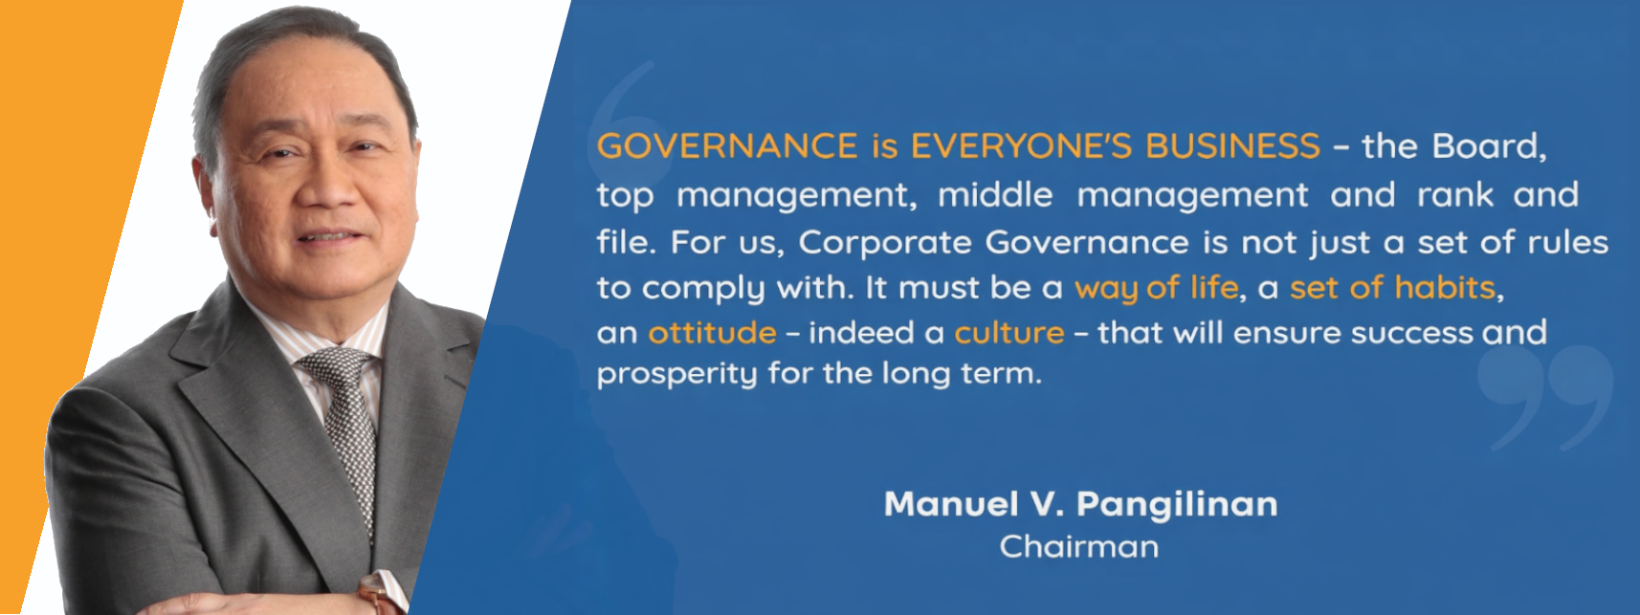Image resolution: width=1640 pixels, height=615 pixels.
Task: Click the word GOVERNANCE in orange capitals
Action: [x=727, y=146]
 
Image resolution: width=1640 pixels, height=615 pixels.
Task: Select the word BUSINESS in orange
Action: [x=1232, y=146]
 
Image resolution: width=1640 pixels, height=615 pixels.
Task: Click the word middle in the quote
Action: [x=995, y=195]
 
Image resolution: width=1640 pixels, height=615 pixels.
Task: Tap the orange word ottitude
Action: [x=712, y=333]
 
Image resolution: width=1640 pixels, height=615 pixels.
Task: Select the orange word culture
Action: [x=1009, y=333]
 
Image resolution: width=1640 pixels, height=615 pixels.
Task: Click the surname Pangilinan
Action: [x=1177, y=504]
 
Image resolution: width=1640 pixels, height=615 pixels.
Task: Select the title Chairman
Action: [x=1078, y=547]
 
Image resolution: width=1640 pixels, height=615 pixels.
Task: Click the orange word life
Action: [x=1213, y=288]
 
